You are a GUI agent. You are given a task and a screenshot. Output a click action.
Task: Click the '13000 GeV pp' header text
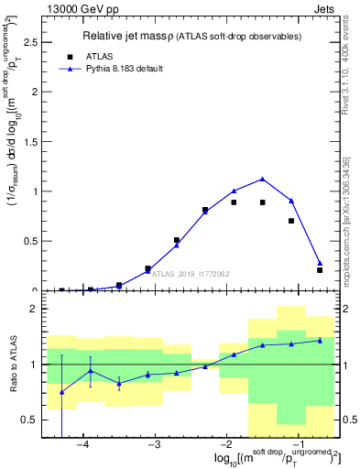[x=80, y=8]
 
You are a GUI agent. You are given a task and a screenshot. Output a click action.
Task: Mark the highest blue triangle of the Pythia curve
[x=263, y=180]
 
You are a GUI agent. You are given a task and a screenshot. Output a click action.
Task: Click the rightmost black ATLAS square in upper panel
[x=320, y=270]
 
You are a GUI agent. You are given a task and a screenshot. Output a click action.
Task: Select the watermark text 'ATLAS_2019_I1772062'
[x=190, y=273]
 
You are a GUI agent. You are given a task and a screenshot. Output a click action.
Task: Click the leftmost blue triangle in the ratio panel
[x=61, y=392]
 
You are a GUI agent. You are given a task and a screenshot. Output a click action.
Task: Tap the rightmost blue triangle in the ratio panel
[x=320, y=340]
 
